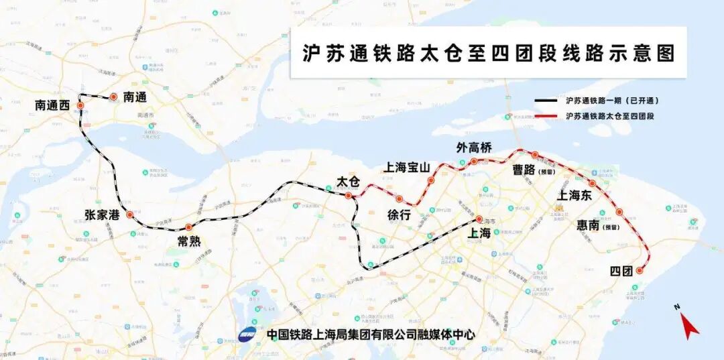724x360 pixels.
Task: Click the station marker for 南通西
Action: point(80,106)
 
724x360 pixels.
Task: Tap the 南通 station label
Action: point(135,97)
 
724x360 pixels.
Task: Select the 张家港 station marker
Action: point(129,215)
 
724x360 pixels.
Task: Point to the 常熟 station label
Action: point(188,241)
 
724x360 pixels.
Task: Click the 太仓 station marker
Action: point(348,196)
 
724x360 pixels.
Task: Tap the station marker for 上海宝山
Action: point(431,180)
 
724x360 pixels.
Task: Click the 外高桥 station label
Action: point(474,147)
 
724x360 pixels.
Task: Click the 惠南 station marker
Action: point(619,213)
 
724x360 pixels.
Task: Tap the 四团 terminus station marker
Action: point(640,271)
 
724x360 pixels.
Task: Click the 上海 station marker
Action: point(479,219)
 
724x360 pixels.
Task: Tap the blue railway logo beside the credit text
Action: point(247,333)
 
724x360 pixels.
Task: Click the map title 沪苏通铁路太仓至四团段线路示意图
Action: point(488,54)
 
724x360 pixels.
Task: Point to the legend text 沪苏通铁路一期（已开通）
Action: point(612,101)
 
